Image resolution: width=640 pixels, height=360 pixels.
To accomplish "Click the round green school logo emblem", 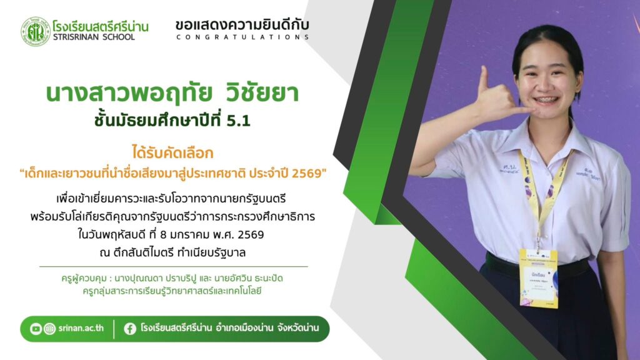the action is coord(36,31).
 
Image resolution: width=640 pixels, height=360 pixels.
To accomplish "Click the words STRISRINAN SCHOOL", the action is coord(94,37).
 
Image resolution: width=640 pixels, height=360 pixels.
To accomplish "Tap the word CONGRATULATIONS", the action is coord(243,37).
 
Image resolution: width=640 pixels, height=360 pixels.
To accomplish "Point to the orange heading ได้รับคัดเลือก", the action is coord(172,152).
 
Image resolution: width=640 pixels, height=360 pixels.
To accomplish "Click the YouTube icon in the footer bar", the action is coord(36,329).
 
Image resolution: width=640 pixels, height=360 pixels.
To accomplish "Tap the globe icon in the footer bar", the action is coord(49,329).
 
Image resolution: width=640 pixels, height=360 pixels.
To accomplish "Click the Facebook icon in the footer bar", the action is coord(130,329).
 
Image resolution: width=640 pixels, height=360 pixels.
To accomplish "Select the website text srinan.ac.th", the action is coord(81,328).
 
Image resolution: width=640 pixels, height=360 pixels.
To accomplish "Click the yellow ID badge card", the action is coord(539,277).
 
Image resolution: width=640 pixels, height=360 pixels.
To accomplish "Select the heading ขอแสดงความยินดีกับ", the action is coord(242,25).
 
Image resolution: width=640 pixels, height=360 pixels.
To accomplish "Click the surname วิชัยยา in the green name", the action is coord(262,93).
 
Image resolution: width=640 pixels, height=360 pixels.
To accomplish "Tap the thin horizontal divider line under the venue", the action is coord(174,266).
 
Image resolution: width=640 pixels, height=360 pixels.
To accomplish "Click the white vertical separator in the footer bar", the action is coord(114,329).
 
